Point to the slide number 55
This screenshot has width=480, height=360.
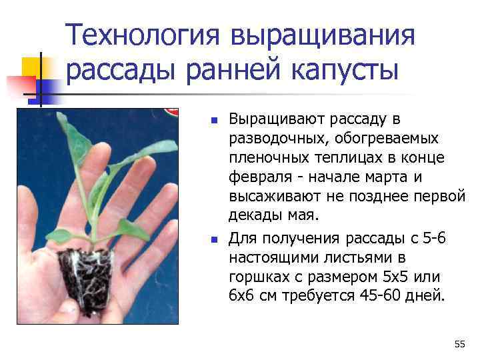(459, 344)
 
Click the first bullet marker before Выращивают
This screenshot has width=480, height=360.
(214, 121)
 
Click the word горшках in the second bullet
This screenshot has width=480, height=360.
(257, 275)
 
